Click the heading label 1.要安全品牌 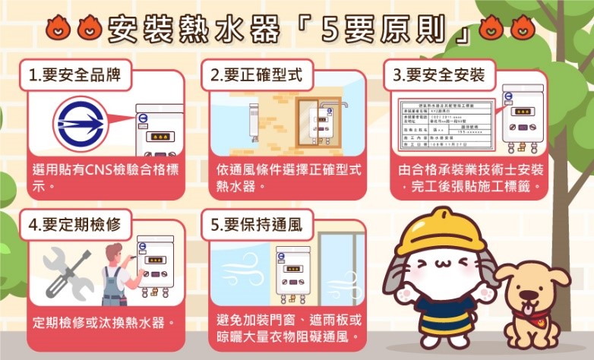74,75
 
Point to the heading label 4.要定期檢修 74,226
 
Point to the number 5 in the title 330,28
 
